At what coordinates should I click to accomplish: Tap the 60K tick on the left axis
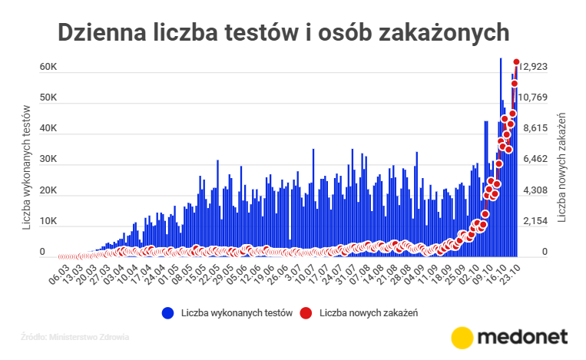click(x=48, y=68)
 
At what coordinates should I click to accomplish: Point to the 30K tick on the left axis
click(x=48, y=160)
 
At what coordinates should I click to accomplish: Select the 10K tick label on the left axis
click(x=48, y=222)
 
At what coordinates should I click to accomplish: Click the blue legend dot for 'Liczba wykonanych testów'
click(x=167, y=313)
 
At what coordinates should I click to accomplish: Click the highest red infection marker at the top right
click(x=517, y=62)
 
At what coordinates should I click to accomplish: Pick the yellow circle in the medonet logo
click(x=462, y=338)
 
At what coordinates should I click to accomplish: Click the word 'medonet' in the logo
click(x=522, y=338)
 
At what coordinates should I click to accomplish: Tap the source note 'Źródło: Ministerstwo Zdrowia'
click(x=74, y=336)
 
